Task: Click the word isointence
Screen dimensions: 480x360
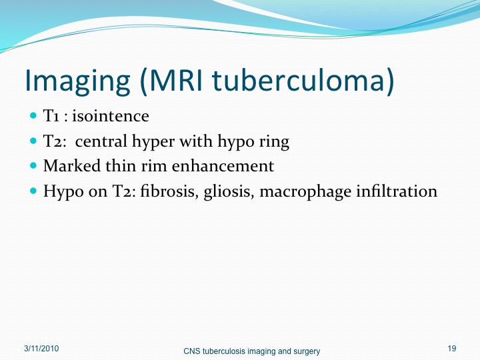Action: (x=111, y=116)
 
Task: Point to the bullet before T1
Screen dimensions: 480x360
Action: (x=33, y=116)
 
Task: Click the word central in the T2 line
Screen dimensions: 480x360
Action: (x=101, y=141)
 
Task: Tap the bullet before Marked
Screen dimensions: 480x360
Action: (x=33, y=165)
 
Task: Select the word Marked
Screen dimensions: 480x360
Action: (x=72, y=166)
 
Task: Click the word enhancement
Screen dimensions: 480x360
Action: (x=223, y=166)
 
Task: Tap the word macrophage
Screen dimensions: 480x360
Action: (x=305, y=192)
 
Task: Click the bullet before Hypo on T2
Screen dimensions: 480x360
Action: (x=33, y=191)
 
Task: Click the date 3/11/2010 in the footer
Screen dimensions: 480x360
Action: (x=41, y=349)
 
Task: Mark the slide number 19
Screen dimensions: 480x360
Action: (x=452, y=349)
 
